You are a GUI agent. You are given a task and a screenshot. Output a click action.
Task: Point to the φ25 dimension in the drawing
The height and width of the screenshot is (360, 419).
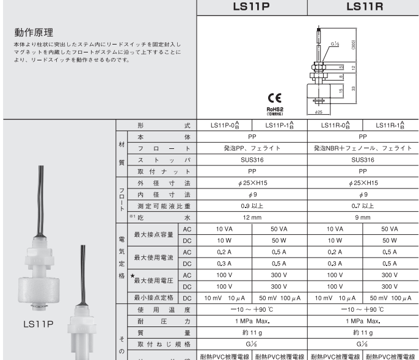click(x=319, y=112)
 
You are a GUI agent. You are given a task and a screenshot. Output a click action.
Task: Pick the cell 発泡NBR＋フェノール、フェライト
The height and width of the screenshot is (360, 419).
click(x=363, y=148)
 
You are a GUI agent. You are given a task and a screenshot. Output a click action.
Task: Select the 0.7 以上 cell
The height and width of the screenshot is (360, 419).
click(x=363, y=206)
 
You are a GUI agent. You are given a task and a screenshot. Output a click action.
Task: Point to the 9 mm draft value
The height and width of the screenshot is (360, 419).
click(x=363, y=217)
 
